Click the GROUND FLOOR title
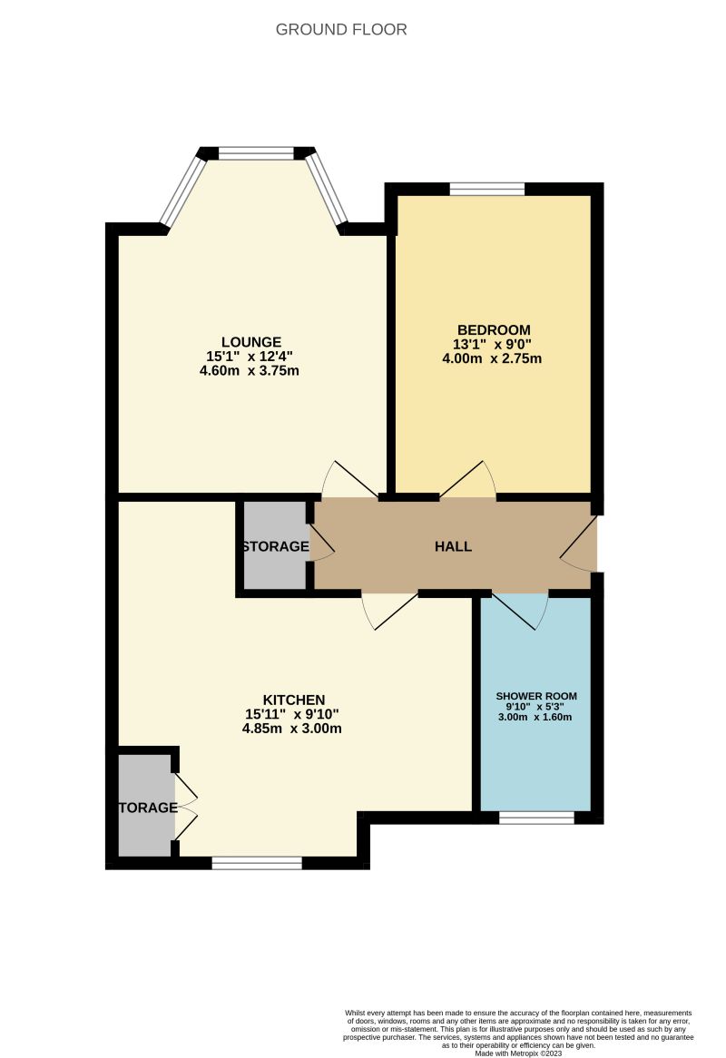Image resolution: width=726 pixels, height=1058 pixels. [x=341, y=30]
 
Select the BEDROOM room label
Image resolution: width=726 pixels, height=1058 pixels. [x=494, y=329]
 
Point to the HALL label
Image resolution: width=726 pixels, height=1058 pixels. [x=453, y=546]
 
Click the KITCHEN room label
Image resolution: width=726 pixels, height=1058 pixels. [x=293, y=700]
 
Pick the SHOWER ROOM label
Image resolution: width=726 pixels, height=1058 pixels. [x=535, y=696]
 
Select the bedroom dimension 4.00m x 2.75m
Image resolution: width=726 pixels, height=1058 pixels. [x=494, y=358]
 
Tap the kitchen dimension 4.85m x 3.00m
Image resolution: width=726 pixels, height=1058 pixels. [x=293, y=728]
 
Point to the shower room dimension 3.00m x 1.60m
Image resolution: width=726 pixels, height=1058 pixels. [x=535, y=717]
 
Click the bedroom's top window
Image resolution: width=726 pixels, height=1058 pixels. [x=487, y=190]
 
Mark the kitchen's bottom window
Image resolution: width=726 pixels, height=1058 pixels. [x=257, y=863]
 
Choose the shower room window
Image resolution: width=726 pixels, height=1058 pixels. [x=536, y=818]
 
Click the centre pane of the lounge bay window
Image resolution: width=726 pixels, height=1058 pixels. [x=256, y=153]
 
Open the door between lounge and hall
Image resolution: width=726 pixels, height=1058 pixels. [x=347, y=481]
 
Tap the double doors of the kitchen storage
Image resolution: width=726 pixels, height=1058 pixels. [x=185, y=806]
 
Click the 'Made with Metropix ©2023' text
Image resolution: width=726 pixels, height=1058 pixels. [x=518, y=1052]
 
